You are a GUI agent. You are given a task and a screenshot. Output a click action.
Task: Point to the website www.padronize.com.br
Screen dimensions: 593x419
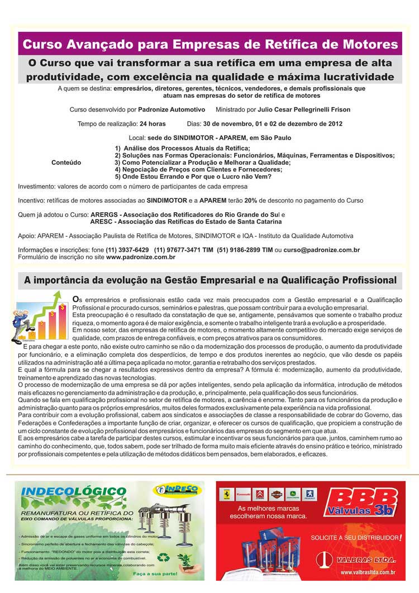click(x=140, y=257)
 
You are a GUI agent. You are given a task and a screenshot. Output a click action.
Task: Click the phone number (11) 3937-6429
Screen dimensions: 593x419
click(x=130, y=250)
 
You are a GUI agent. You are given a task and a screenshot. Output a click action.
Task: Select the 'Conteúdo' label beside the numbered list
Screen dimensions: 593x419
click(x=66, y=162)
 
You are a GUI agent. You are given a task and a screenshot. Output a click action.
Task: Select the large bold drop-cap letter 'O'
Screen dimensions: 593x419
click(x=76, y=300)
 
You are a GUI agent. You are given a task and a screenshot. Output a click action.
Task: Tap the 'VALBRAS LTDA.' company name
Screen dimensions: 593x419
click(x=364, y=558)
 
